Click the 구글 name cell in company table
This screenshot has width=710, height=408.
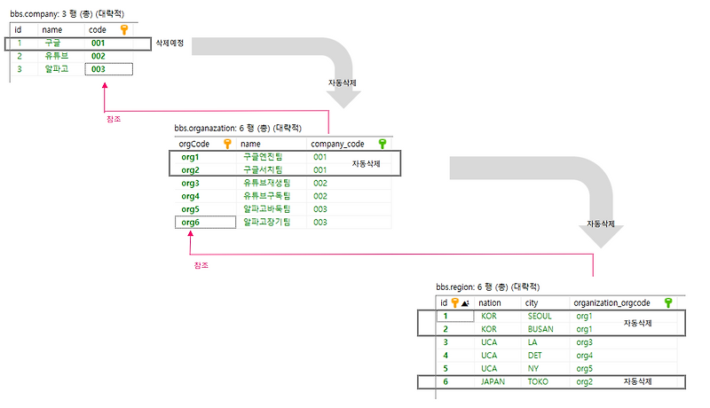point(52,43)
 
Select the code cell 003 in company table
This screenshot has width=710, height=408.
point(99,68)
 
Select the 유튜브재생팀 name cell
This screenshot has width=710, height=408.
point(266,183)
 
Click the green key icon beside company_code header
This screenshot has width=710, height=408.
point(383,143)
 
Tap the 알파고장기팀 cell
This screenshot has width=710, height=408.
point(266,223)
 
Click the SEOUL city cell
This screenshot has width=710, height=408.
point(539,316)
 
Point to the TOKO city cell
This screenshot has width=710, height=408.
point(538,382)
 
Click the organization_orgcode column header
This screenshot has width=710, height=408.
point(612,302)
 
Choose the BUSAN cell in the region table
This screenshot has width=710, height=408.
point(540,329)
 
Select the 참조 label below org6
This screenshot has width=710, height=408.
point(201,264)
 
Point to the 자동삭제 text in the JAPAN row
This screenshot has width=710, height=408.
point(638,382)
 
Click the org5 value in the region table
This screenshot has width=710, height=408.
point(584,369)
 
